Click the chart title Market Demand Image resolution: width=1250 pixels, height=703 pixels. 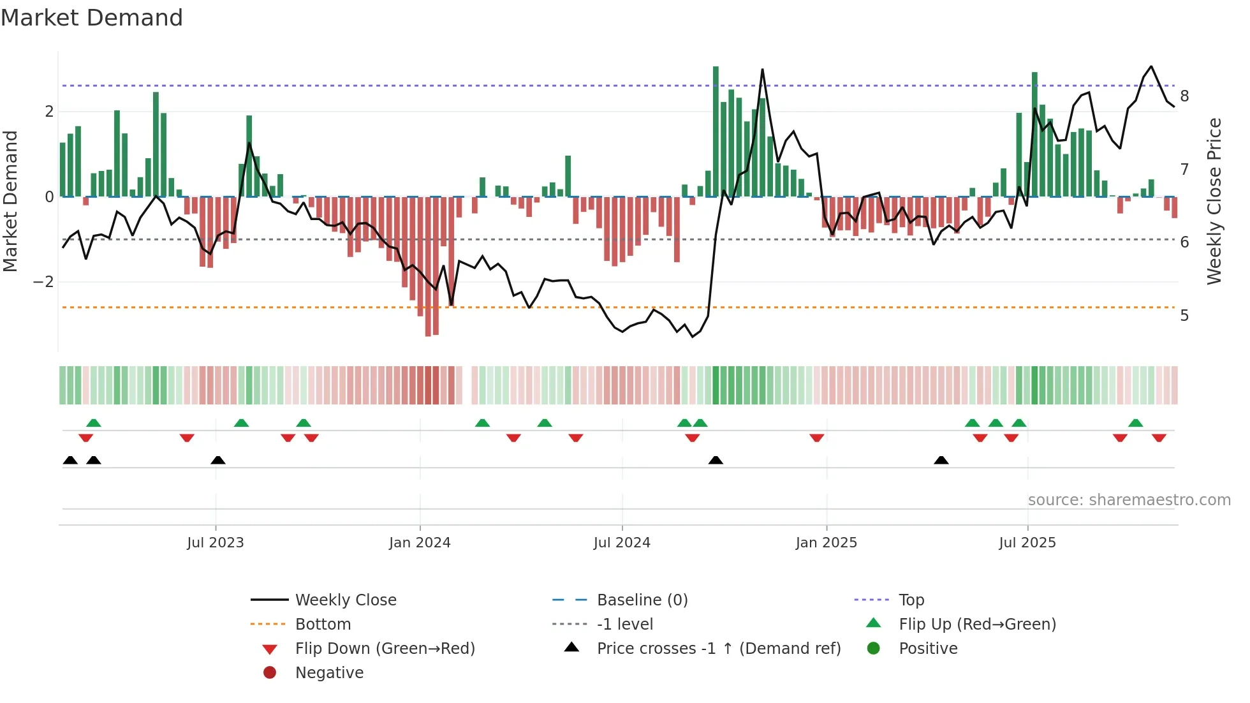[x=92, y=18]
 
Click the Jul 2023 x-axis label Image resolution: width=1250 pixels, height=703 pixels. [x=216, y=543]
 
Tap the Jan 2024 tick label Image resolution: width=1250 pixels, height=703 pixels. [x=420, y=543]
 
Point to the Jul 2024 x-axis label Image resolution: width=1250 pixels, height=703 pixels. [x=622, y=543]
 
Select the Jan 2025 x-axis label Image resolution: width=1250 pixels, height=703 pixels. [x=827, y=543]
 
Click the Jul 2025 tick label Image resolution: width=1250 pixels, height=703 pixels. [x=1027, y=543]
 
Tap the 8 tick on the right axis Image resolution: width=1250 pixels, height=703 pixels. [x=1184, y=96]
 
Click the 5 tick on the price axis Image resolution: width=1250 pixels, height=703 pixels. [x=1184, y=316]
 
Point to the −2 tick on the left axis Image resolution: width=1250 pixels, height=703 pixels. [x=43, y=282]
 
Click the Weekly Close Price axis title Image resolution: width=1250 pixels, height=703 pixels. [x=1214, y=201]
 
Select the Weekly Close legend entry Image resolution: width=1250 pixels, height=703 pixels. [x=346, y=600]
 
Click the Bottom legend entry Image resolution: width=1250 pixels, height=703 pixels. [x=323, y=625]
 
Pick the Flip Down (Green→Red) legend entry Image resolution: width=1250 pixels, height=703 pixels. [x=385, y=649]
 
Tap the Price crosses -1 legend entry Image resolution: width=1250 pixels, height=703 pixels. [x=719, y=649]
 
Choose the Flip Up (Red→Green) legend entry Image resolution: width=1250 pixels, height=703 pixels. [x=977, y=625]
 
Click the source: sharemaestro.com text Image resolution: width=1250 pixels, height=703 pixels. [x=1129, y=500]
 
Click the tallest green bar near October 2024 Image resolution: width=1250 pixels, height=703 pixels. [x=716, y=131]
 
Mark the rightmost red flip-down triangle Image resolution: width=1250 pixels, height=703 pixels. [x=1159, y=438]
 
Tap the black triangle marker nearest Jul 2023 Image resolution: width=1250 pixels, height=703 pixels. [x=218, y=460]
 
